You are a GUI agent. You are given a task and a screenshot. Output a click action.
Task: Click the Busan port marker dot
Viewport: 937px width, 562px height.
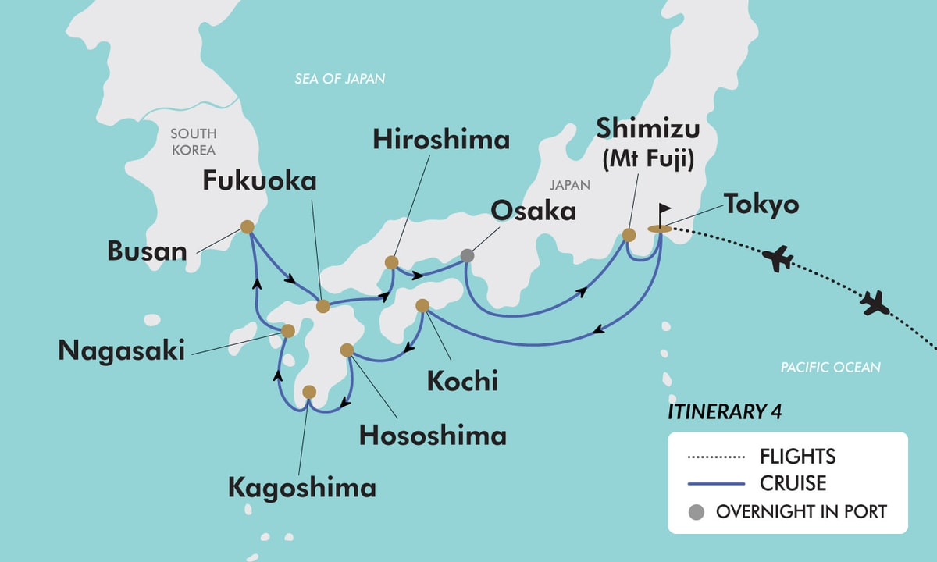pyautogui.click(x=247, y=227)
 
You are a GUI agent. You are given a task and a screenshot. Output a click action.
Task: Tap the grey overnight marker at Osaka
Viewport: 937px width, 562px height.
pyautogui.click(x=467, y=255)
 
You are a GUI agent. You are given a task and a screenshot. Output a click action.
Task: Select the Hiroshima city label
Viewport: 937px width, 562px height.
pyautogui.click(x=441, y=140)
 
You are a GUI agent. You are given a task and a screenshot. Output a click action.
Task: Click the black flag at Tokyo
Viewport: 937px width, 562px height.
pyautogui.click(x=665, y=210)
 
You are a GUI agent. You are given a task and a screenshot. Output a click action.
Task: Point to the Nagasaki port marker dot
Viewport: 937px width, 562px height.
pyautogui.click(x=288, y=331)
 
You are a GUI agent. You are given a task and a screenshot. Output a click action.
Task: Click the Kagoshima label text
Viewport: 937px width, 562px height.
pyautogui.click(x=301, y=488)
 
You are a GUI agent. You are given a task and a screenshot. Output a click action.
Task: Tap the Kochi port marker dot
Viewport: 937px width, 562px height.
pyautogui.click(x=422, y=305)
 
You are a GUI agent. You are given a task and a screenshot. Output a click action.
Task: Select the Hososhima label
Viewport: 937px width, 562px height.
pyautogui.click(x=432, y=435)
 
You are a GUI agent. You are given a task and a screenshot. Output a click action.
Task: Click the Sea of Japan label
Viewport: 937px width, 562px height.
pyautogui.click(x=340, y=79)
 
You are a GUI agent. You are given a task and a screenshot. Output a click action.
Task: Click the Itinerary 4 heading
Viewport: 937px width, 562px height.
pyautogui.click(x=714, y=411)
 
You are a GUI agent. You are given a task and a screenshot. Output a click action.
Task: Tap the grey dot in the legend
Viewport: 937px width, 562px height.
pyautogui.click(x=697, y=513)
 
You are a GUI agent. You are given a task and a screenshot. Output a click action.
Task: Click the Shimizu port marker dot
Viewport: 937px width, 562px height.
pyautogui.click(x=629, y=234)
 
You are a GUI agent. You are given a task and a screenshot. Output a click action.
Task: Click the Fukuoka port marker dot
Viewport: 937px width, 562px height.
pyautogui.click(x=322, y=307)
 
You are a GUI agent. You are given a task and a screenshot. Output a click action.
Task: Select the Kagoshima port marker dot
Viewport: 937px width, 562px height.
pyautogui.click(x=309, y=391)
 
